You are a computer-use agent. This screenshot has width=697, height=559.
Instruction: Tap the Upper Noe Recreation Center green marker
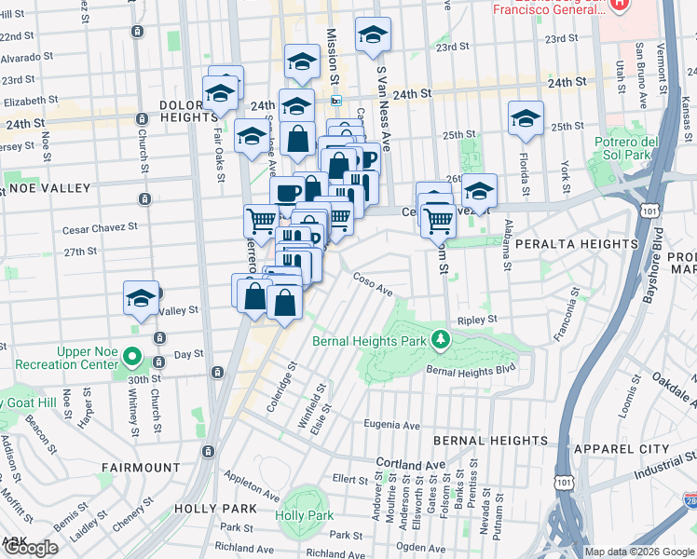click(132, 357)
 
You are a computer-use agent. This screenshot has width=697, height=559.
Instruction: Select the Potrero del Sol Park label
click(652, 146)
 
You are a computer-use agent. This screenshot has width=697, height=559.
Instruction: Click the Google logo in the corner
click(30, 548)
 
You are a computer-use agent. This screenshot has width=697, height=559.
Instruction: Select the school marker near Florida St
click(526, 119)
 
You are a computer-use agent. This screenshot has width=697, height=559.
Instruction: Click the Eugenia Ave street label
click(391, 425)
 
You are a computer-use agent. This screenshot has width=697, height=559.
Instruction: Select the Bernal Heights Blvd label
click(471, 371)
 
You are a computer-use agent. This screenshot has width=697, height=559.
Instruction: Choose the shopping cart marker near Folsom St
click(438, 220)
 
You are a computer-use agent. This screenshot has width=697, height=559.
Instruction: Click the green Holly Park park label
click(304, 515)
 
